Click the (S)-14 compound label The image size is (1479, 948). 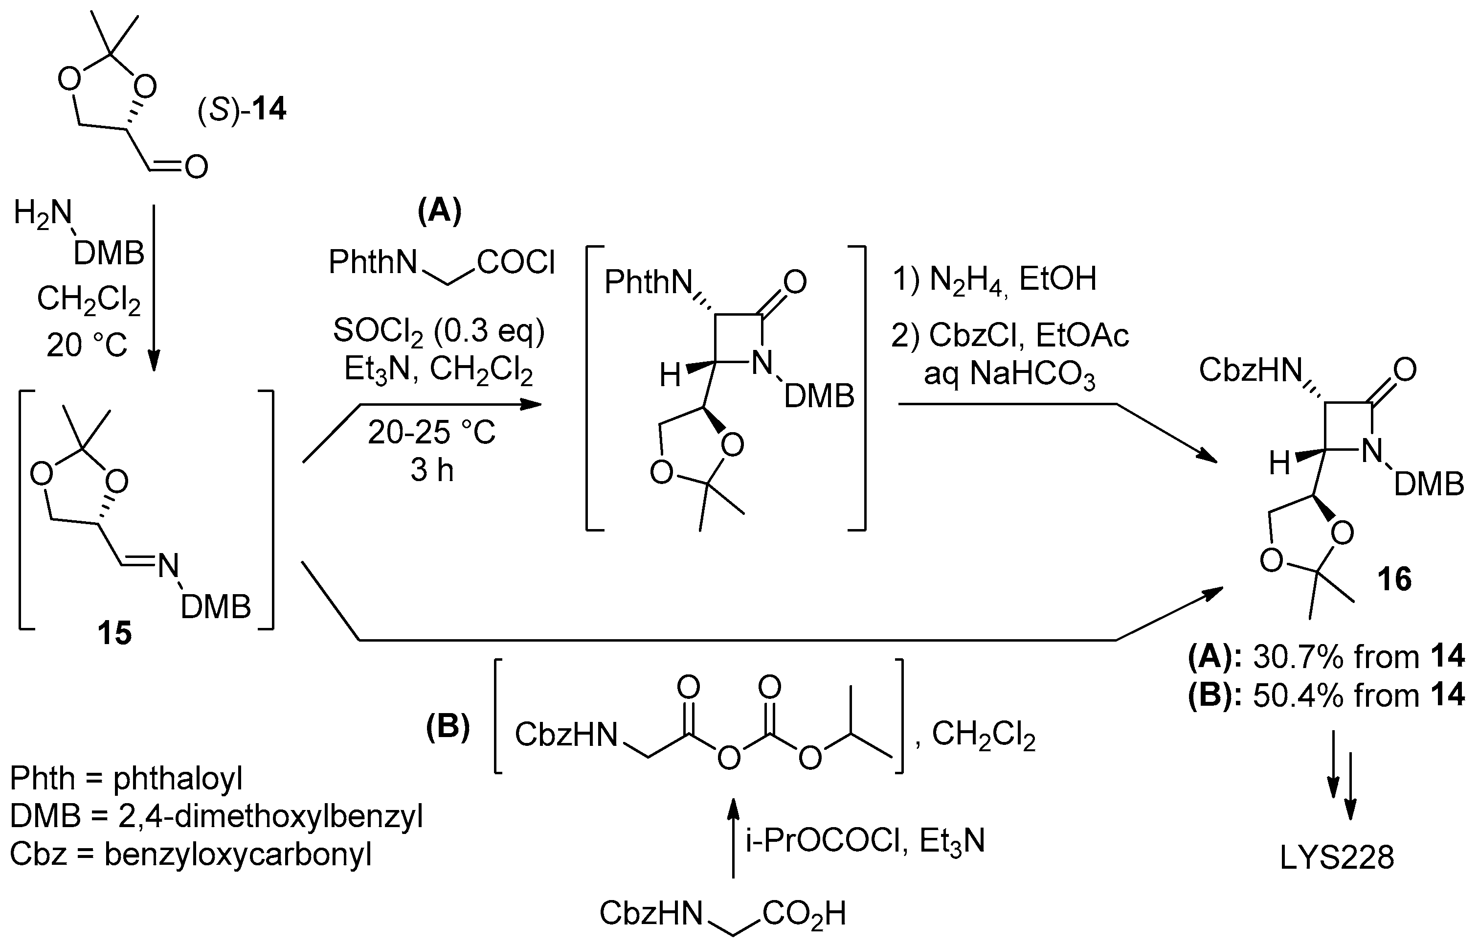(x=242, y=110)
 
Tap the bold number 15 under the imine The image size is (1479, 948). (x=115, y=633)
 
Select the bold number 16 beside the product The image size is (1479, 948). (x=1395, y=580)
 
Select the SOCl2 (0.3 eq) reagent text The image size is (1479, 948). (x=439, y=331)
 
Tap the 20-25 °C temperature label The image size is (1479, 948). (x=431, y=433)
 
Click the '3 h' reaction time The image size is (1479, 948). (x=432, y=471)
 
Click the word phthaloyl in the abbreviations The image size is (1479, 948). (x=178, y=779)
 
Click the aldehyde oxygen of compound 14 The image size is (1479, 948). (x=196, y=167)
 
